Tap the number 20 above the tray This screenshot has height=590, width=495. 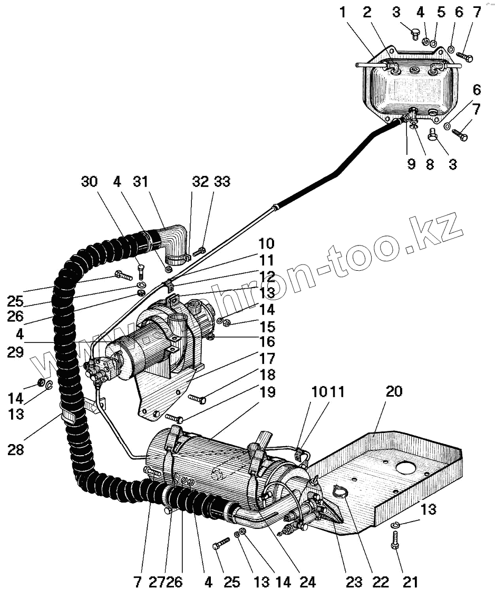[394, 391]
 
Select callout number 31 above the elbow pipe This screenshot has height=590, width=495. [140, 182]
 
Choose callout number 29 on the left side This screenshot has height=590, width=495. [15, 352]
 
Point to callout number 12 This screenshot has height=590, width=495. [267, 276]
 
